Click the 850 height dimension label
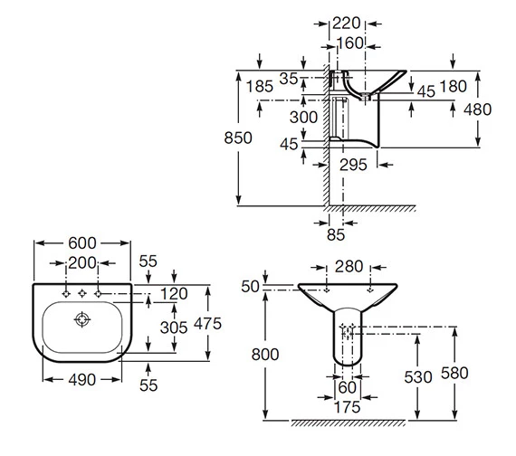tap(238, 138)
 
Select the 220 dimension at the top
tap(347, 24)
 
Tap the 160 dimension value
tap(350, 43)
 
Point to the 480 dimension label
tap(477, 109)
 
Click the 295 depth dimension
tap(353, 165)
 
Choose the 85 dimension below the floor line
tap(336, 235)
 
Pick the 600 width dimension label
tap(82, 243)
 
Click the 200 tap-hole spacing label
tap(82, 263)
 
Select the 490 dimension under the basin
tap(82, 380)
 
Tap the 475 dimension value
tap(207, 324)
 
